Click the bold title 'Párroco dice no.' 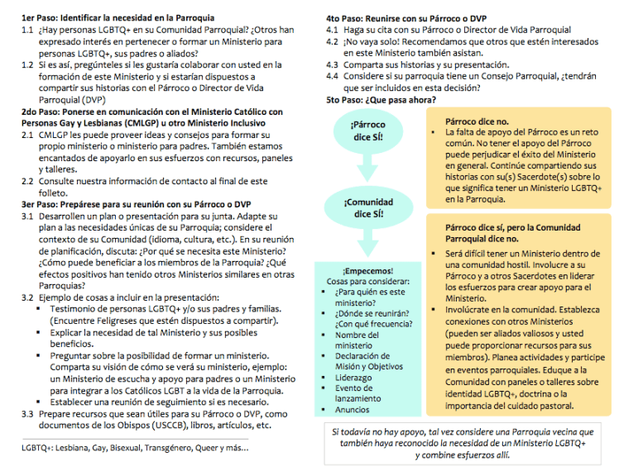(x=477, y=121)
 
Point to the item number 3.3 (x=28, y=415)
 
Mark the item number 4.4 (x=333, y=76)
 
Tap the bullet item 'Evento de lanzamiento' (x=355, y=393)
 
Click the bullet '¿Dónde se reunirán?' (x=369, y=313)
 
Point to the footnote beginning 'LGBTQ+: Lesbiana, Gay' (x=134, y=448)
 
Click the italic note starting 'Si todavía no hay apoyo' (x=463, y=443)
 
